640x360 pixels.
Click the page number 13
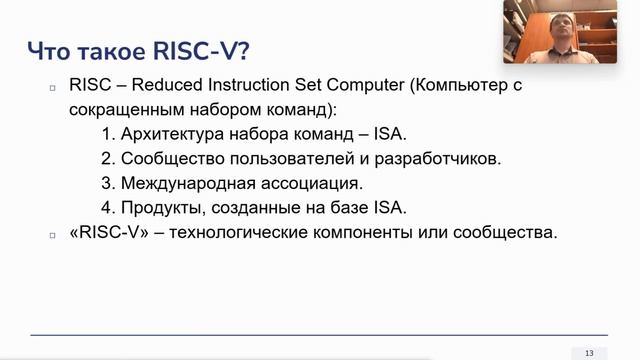coord(589,353)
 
